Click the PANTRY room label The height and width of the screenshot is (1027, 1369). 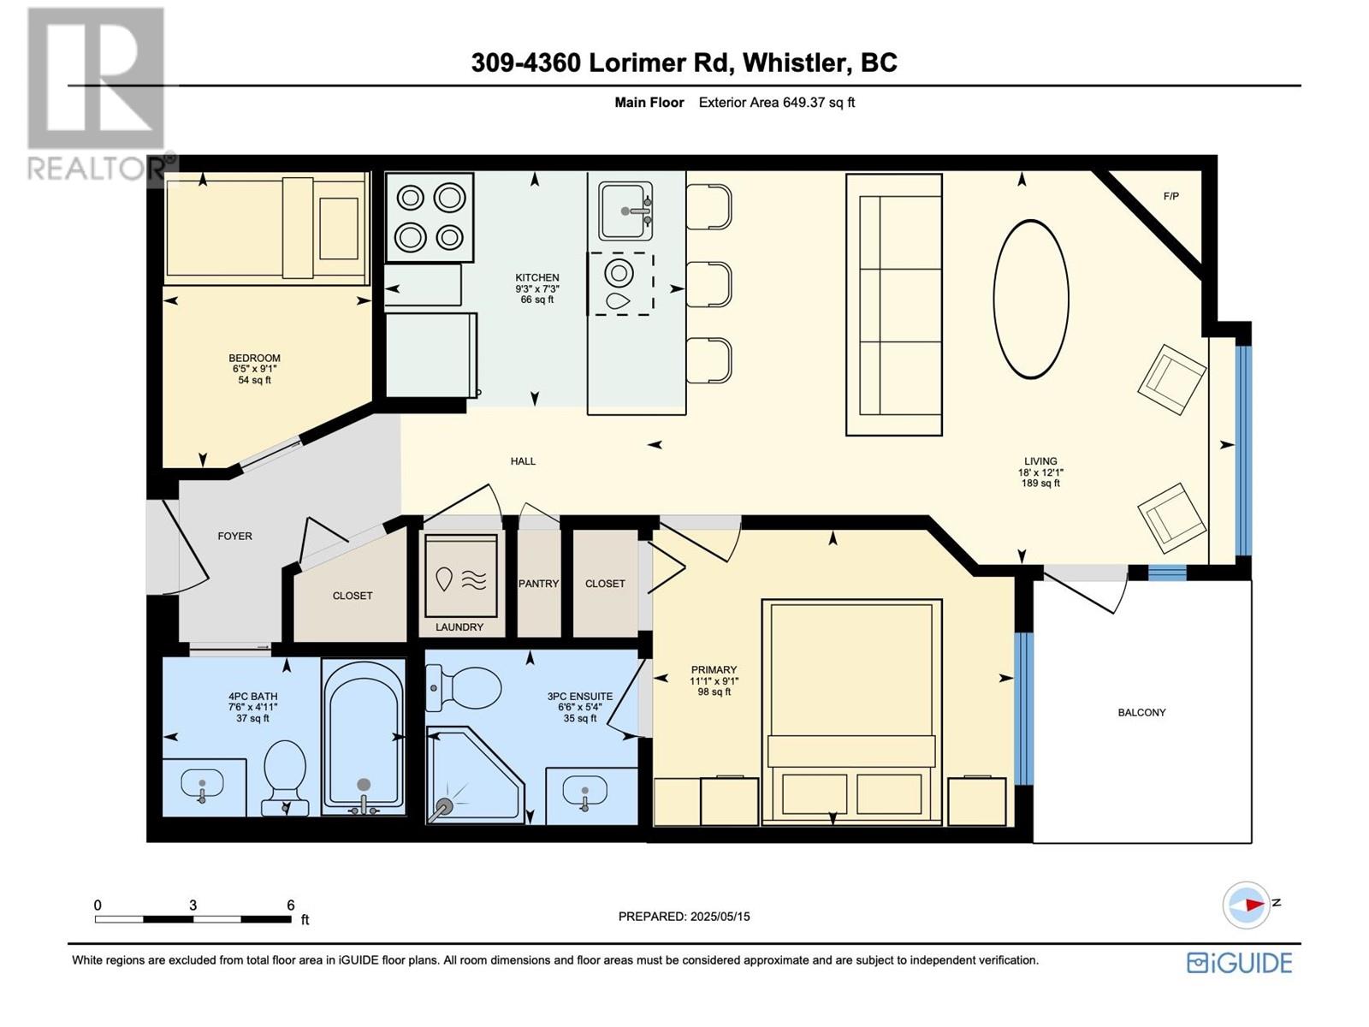[538, 584]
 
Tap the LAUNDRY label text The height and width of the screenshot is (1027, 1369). [459, 627]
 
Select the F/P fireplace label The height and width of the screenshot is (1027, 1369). [1170, 197]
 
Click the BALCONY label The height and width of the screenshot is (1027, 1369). [1141, 713]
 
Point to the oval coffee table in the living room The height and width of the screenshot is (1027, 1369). [1030, 300]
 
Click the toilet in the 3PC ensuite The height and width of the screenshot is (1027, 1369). [464, 688]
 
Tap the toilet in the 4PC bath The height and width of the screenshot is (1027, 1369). [285, 778]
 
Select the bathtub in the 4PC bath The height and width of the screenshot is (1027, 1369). [364, 738]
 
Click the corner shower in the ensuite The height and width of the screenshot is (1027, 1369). [475, 775]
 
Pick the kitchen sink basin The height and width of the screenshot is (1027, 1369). [625, 211]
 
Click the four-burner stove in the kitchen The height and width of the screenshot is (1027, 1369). [430, 217]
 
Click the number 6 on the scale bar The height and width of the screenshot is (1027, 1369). [290, 905]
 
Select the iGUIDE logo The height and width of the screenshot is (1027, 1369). [1239, 964]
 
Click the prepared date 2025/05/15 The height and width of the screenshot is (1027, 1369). [720, 917]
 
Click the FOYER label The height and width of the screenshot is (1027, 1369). [234, 537]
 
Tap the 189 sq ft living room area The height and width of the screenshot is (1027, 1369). [1040, 484]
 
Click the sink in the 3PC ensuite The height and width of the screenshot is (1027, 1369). [584, 792]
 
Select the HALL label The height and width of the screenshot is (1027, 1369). [523, 461]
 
